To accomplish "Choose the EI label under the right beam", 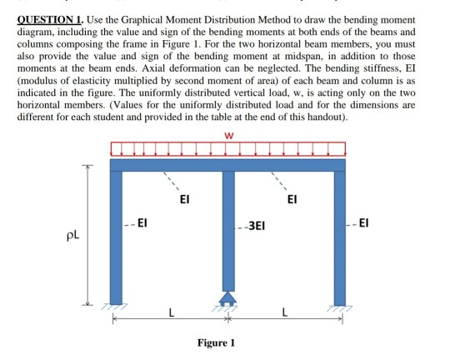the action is pyautogui.click(x=292, y=200).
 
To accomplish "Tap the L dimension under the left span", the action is pyautogui.click(x=172, y=314).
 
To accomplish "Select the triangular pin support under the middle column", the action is pyautogui.click(x=227, y=297).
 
